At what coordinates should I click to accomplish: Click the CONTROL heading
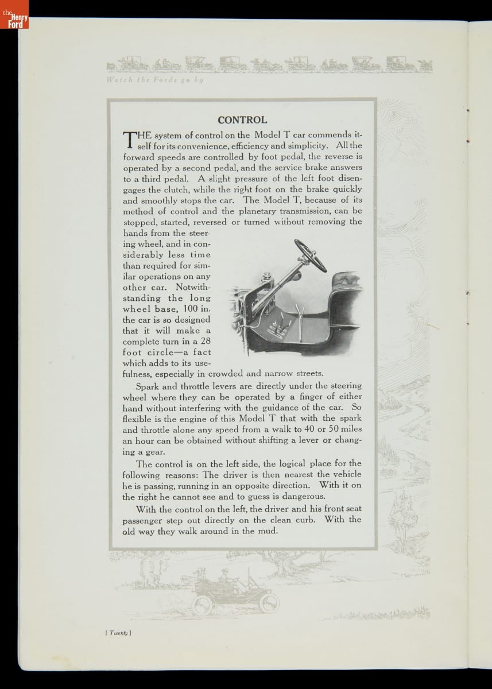click(242, 120)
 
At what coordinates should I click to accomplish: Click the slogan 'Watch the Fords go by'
click(155, 80)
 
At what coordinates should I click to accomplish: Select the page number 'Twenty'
click(119, 633)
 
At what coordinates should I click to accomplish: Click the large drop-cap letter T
click(129, 140)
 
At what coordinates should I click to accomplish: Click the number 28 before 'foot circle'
click(205, 341)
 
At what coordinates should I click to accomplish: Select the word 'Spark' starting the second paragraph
click(148, 386)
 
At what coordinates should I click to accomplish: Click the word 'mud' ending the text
click(268, 531)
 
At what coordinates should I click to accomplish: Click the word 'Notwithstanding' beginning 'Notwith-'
click(193, 287)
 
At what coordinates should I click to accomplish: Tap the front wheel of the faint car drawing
click(268, 603)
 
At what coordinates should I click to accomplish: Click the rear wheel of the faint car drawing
click(203, 605)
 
